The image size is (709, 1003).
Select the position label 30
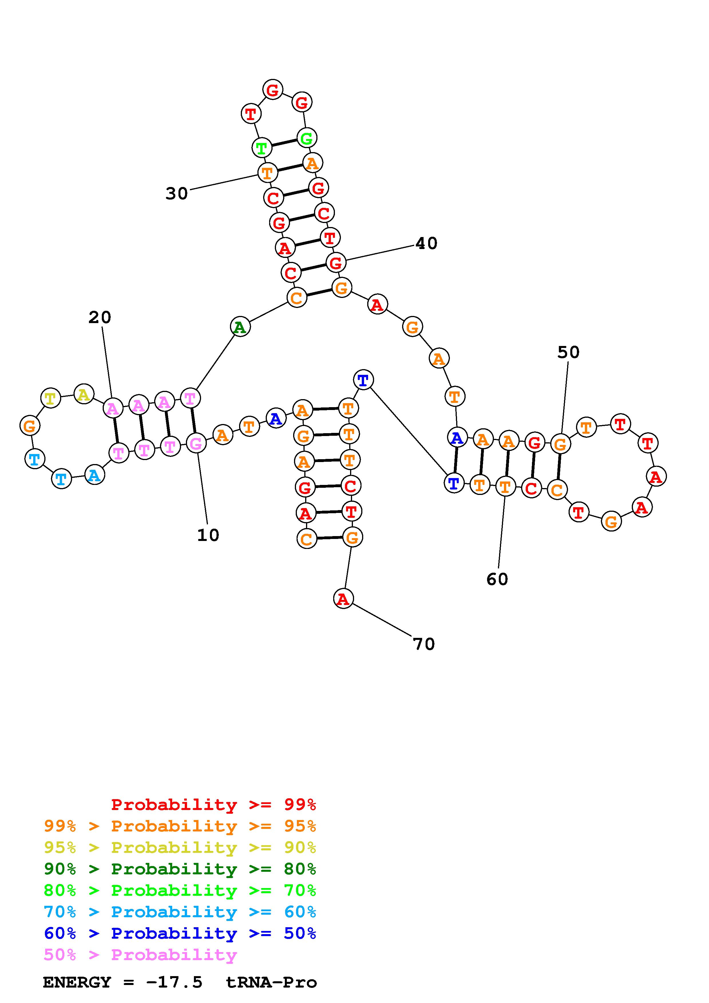176,193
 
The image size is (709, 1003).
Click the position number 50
568,352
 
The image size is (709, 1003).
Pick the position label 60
497,579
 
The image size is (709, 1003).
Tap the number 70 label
424,644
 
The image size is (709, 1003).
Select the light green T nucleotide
262,148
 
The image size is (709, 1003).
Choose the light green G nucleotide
307,138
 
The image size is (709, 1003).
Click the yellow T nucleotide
51,398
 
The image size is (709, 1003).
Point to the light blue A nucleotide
94,475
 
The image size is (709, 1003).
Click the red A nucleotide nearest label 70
343,598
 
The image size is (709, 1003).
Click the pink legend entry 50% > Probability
140,954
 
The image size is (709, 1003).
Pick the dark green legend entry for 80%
180,869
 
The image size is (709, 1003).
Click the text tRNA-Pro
271,982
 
